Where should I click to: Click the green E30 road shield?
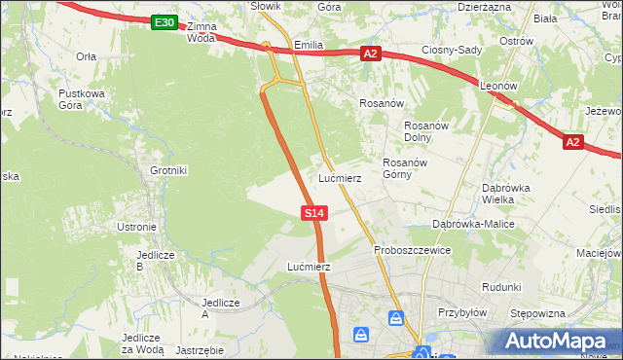(x=165, y=22)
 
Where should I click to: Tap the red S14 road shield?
(x=313, y=212)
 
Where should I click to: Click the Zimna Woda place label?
(x=200, y=32)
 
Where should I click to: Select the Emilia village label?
(x=308, y=45)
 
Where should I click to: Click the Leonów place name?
(x=497, y=86)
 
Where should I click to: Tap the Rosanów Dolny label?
(x=424, y=130)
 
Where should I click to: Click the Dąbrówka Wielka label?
(x=504, y=194)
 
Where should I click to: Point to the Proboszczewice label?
(x=413, y=250)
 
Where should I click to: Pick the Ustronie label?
(x=136, y=227)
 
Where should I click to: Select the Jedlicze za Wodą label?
(x=142, y=343)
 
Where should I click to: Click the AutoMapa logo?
(x=559, y=342)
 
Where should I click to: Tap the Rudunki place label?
(x=502, y=287)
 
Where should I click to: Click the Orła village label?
(x=86, y=56)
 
